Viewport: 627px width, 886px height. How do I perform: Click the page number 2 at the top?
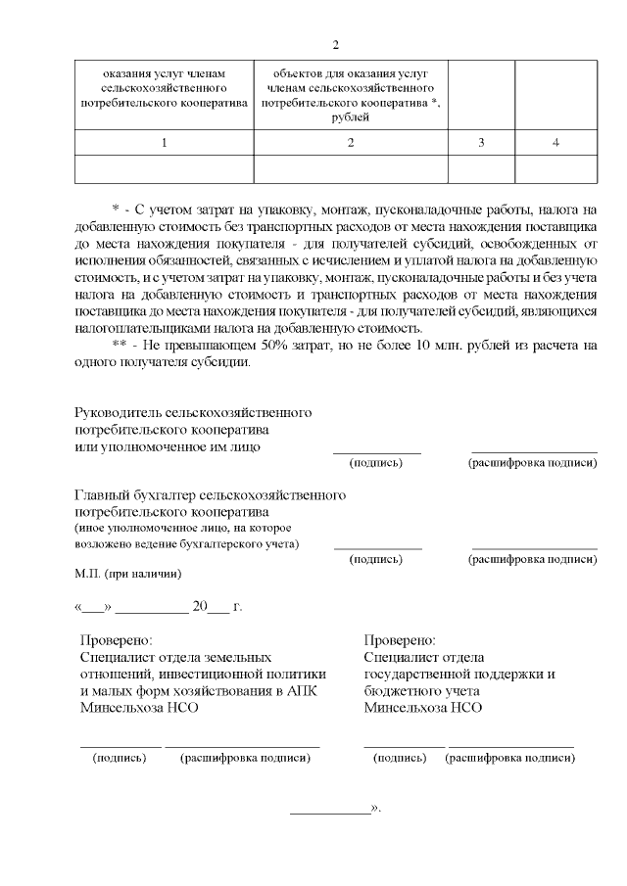(335, 45)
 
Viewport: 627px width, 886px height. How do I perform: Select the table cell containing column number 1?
(164, 144)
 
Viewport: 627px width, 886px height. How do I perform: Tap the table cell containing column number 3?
(481, 144)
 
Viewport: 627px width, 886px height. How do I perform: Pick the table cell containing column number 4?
(555, 144)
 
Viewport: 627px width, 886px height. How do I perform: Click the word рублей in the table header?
(351, 117)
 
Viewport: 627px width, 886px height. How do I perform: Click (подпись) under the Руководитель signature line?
(376, 462)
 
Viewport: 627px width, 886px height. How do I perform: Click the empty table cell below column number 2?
(351, 169)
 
